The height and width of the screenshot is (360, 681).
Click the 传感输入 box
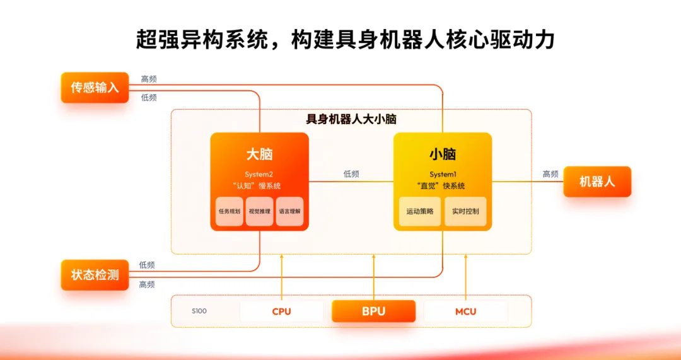95,88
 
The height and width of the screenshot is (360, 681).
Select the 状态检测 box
95,275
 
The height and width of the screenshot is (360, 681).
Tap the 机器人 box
597,182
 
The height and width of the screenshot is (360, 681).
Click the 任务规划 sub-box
230,211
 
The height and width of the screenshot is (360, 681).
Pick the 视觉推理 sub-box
259,211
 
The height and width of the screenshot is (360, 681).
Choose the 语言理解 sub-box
289,211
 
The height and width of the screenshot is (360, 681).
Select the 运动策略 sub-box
420,211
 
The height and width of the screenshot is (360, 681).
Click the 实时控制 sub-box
465,211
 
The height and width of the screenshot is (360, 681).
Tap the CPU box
281,311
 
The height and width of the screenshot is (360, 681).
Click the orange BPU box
373,311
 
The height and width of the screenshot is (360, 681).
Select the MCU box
465,311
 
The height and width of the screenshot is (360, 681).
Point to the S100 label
199,311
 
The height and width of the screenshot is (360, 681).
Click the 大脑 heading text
259,154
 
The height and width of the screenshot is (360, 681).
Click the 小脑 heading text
443,154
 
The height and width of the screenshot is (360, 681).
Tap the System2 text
259,175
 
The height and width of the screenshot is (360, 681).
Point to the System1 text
443,175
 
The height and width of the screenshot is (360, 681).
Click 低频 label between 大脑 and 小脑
351,174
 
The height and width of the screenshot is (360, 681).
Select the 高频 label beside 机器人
550,174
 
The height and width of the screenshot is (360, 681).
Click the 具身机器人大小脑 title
351,119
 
